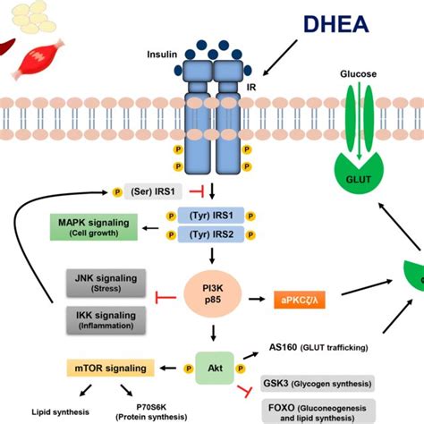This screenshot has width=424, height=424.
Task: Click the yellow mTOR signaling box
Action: (x=105, y=366)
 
